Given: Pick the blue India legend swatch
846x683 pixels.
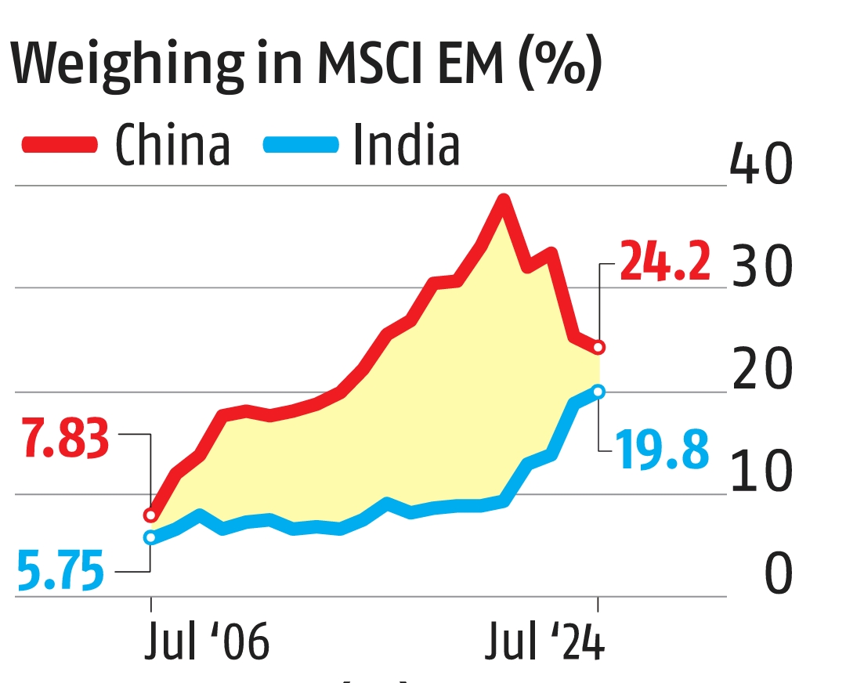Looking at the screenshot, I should pos(302,145).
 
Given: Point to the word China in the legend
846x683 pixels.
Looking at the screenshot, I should pos(173,145).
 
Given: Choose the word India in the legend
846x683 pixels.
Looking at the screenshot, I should pos(406,145).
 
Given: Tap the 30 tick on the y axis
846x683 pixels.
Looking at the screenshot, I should pos(760,267).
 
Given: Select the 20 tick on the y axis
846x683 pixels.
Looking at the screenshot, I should pos(760,370).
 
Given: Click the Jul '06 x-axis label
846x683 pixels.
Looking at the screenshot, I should pos(207,645).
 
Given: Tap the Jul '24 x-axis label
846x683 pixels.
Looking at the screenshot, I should pos(544,645).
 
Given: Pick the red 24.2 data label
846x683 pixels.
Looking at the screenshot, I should pos(665,262).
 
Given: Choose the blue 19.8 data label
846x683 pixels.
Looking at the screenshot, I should pos(662,450).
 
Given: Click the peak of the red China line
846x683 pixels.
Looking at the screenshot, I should pos(504,199).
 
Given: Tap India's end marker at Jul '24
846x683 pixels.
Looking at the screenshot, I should pos(598,391).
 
